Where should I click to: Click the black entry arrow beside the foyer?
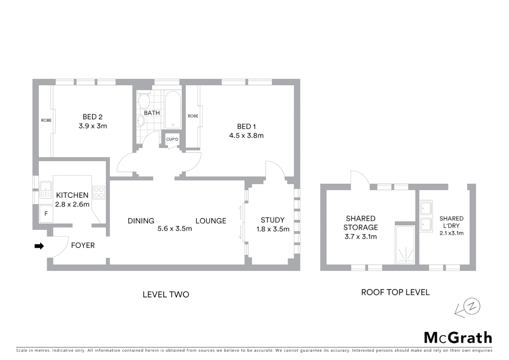(x=39, y=246)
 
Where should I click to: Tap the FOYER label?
(x=83, y=245)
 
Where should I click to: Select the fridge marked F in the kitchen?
(x=46, y=214)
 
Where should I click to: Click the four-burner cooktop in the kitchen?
(x=99, y=192)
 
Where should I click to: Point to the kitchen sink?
(x=46, y=190)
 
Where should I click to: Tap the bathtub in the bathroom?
(x=173, y=110)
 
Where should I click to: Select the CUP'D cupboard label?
(x=172, y=139)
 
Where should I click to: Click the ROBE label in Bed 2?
(x=46, y=120)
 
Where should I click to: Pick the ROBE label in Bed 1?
(x=193, y=116)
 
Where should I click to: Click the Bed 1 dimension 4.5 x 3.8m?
(x=246, y=136)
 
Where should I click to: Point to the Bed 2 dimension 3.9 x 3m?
(x=93, y=126)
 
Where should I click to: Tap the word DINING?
(x=141, y=221)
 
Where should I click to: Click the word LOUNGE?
(x=211, y=221)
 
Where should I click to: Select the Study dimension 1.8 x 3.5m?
(x=273, y=229)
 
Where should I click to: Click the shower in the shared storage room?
(x=405, y=245)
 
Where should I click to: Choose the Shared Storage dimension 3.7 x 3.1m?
(x=361, y=237)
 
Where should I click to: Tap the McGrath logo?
(x=458, y=338)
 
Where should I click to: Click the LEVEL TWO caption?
(x=166, y=295)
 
